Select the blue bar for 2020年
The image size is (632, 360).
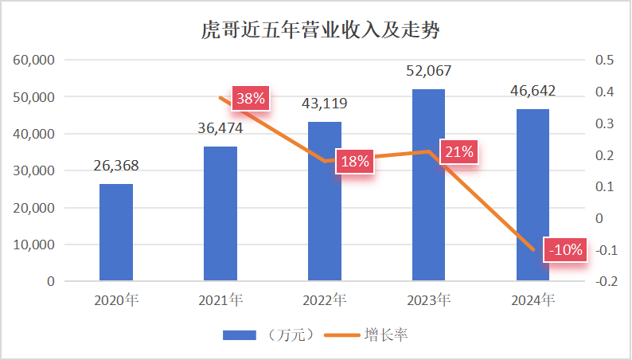tap(116, 233)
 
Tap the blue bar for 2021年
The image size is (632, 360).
tap(220, 213)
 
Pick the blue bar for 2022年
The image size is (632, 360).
tap(325, 202)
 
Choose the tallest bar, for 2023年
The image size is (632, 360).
tap(428, 185)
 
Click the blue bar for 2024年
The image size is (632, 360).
tap(533, 195)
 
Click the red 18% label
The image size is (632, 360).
tap(355, 162)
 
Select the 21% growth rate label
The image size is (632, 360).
tap(459, 151)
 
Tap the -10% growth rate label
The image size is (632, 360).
tap(566, 250)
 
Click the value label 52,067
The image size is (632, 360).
tap(428, 71)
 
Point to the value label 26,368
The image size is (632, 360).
tap(116, 166)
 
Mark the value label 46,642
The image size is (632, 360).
tap(533, 91)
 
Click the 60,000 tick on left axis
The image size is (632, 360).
tap(34, 61)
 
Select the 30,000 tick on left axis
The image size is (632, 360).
tap(34, 171)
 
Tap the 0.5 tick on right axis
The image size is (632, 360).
tap(605, 61)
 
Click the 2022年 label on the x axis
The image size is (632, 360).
tap(325, 301)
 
